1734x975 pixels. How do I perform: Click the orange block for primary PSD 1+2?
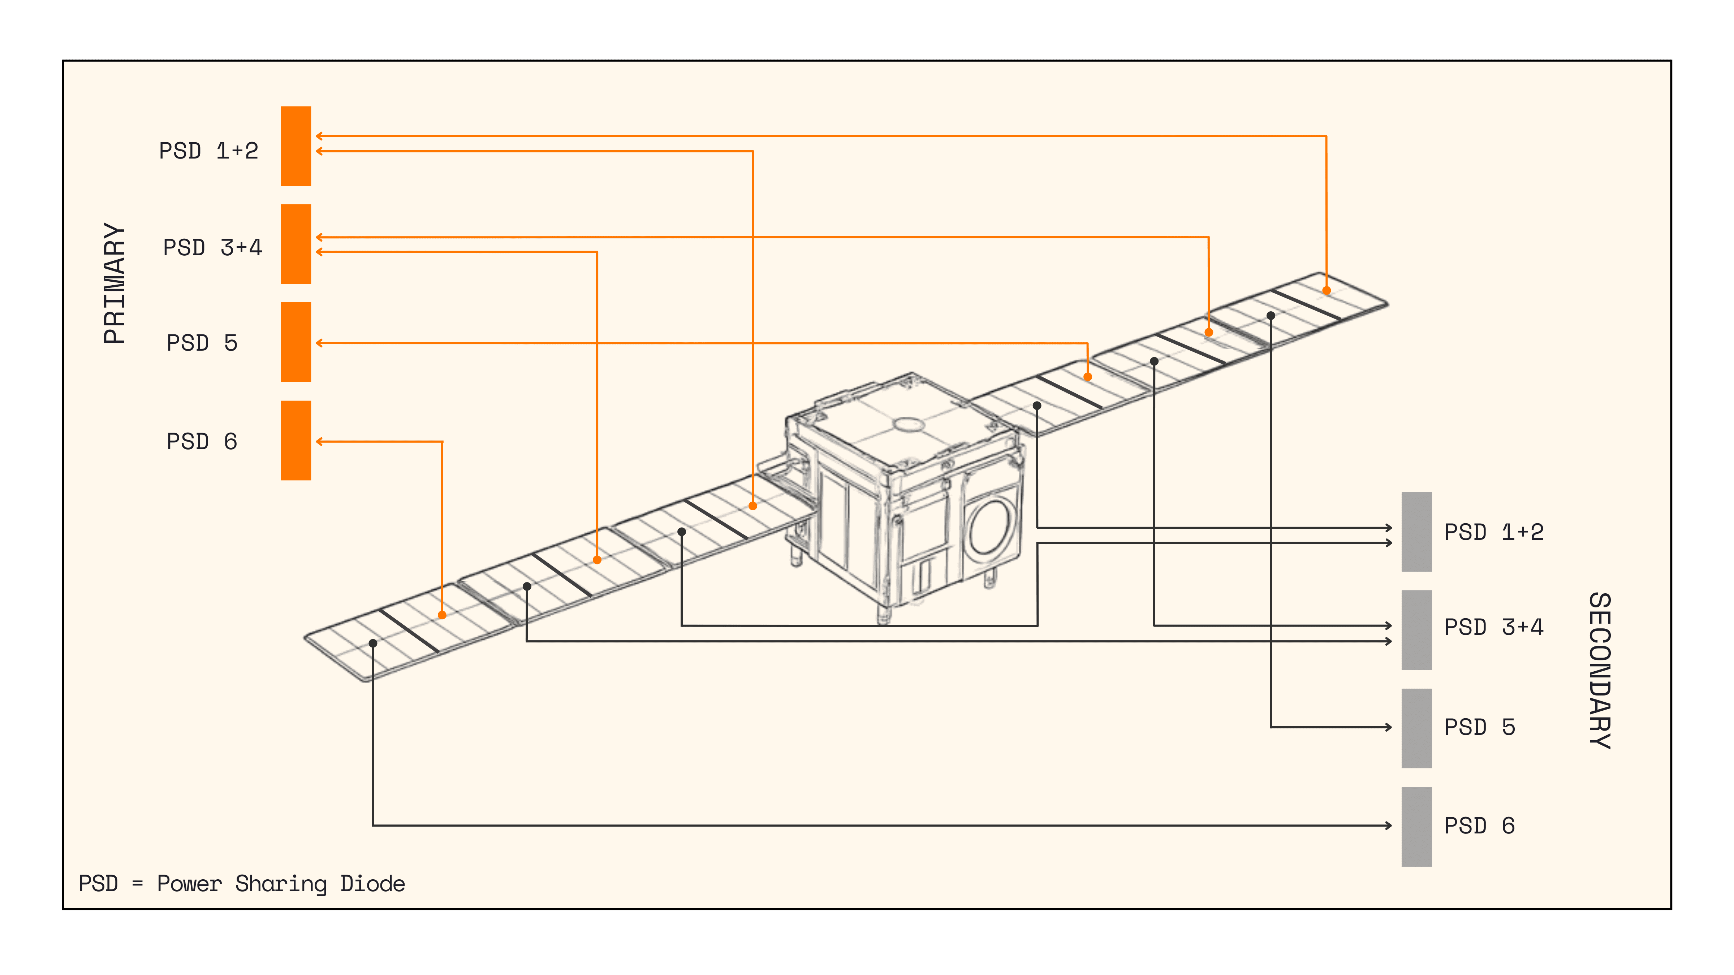click(296, 146)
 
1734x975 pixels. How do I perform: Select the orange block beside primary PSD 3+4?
click(296, 244)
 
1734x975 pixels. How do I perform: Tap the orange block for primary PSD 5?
click(296, 342)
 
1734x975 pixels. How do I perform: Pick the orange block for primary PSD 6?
click(296, 440)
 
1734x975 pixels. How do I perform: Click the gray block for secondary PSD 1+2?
click(1416, 532)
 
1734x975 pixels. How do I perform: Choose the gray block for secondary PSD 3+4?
click(1416, 630)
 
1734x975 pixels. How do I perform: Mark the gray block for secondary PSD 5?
click(1416, 728)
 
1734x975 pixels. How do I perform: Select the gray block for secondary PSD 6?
click(1416, 826)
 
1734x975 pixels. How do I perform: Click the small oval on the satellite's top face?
click(908, 424)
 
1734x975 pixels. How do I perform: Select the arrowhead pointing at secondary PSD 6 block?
click(1389, 825)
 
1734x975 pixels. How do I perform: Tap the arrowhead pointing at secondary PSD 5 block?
click(1389, 727)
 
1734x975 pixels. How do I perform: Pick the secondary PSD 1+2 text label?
click(1494, 532)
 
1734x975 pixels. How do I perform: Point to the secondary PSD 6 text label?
click(1480, 825)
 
